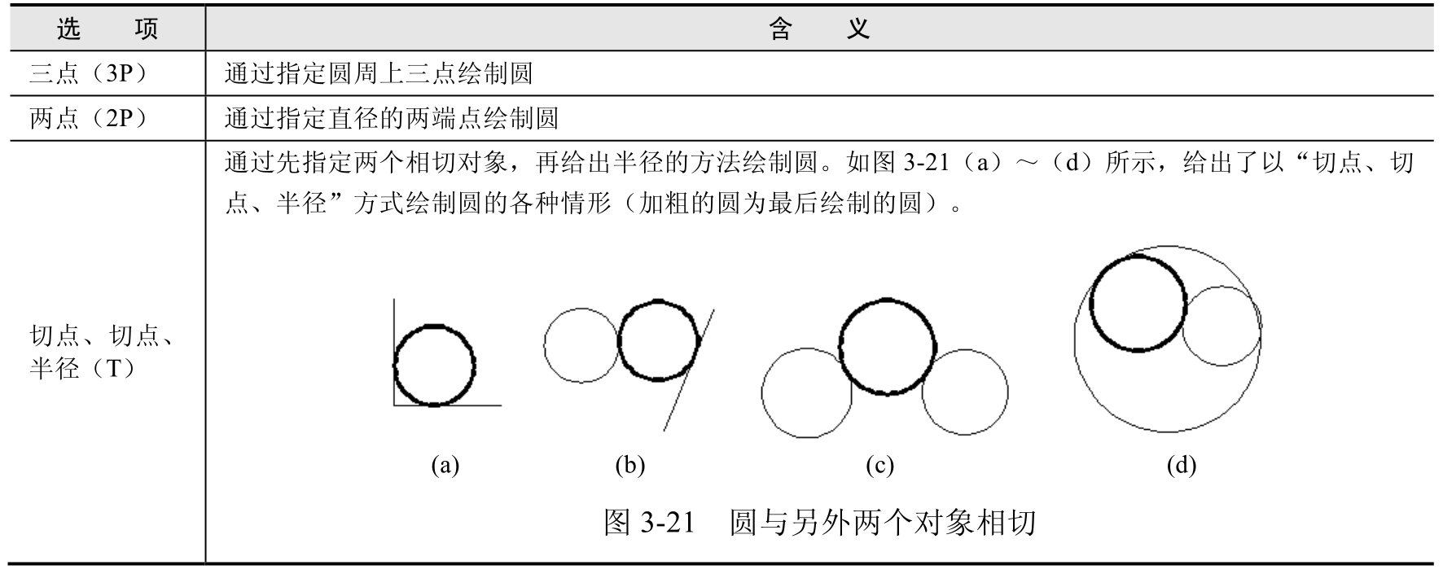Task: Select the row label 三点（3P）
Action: tap(89, 74)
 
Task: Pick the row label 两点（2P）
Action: tap(89, 119)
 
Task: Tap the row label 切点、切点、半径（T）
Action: tap(102, 352)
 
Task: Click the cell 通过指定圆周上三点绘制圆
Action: tap(379, 74)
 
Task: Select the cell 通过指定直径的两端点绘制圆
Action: tap(392, 119)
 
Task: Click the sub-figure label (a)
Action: tap(445, 466)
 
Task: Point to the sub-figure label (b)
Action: tap(630, 466)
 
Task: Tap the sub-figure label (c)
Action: tap(879, 466)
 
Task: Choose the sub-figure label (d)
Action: tap(1181, 466)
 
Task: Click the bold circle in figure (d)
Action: tap(1138, 256)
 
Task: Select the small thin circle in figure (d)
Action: tap(1222, 365)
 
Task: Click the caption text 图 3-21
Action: tap(650, 522)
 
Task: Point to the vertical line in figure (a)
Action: tap(394, 326)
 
